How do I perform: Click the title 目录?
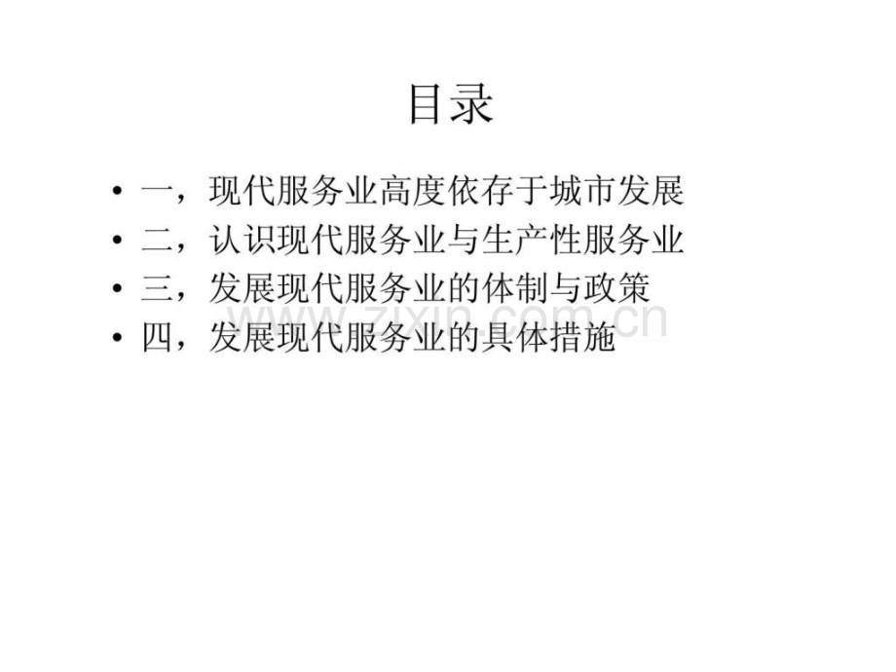(x=451, y=103)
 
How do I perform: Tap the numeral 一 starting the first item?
(x=158, y=191)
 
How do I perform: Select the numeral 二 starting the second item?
(x=158, y=240)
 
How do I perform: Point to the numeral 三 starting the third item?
(x=158, y=288)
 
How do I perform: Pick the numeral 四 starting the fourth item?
(x=158, y=338)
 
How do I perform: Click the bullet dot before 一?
(x=117, y=191)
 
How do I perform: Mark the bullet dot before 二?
(x=117, y=240)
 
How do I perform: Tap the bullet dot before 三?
(x=117, y=288)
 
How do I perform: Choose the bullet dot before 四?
(x=117, y=338)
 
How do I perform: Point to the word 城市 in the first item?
(x=582, y=191)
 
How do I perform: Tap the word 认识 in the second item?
(x=242, y=240)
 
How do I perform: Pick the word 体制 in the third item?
(x=514, y=288)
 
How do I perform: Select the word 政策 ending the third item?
(x=616, y=288)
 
